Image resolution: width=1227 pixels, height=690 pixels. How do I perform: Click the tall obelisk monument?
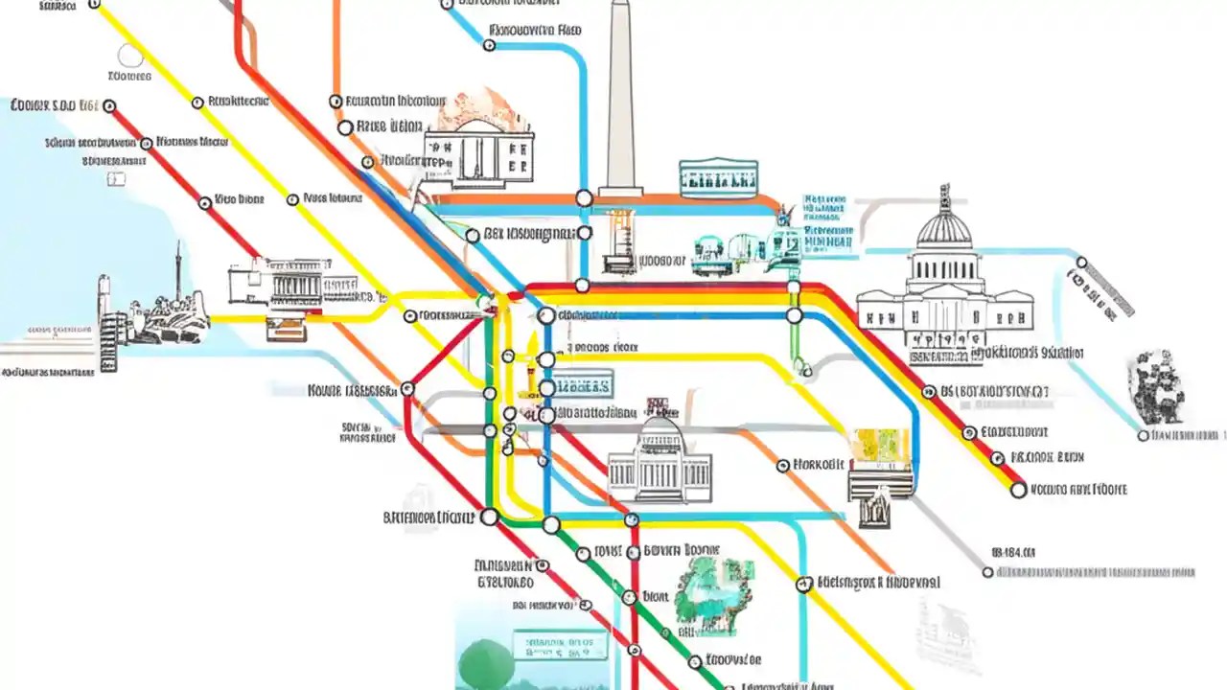[620, 96]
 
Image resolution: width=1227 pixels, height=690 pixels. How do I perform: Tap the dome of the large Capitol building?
[944, 230]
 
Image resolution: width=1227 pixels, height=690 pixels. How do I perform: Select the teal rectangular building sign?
[718, 179]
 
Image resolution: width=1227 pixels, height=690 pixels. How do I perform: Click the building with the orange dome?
[479, 139]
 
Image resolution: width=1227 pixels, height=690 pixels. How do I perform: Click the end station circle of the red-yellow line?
[1018, 490]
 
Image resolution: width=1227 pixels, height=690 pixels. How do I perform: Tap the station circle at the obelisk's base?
[584, 198]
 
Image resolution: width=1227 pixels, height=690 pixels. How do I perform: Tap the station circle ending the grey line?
[988, 572]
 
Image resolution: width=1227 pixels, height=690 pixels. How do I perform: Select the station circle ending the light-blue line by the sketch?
[1143, 436]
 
